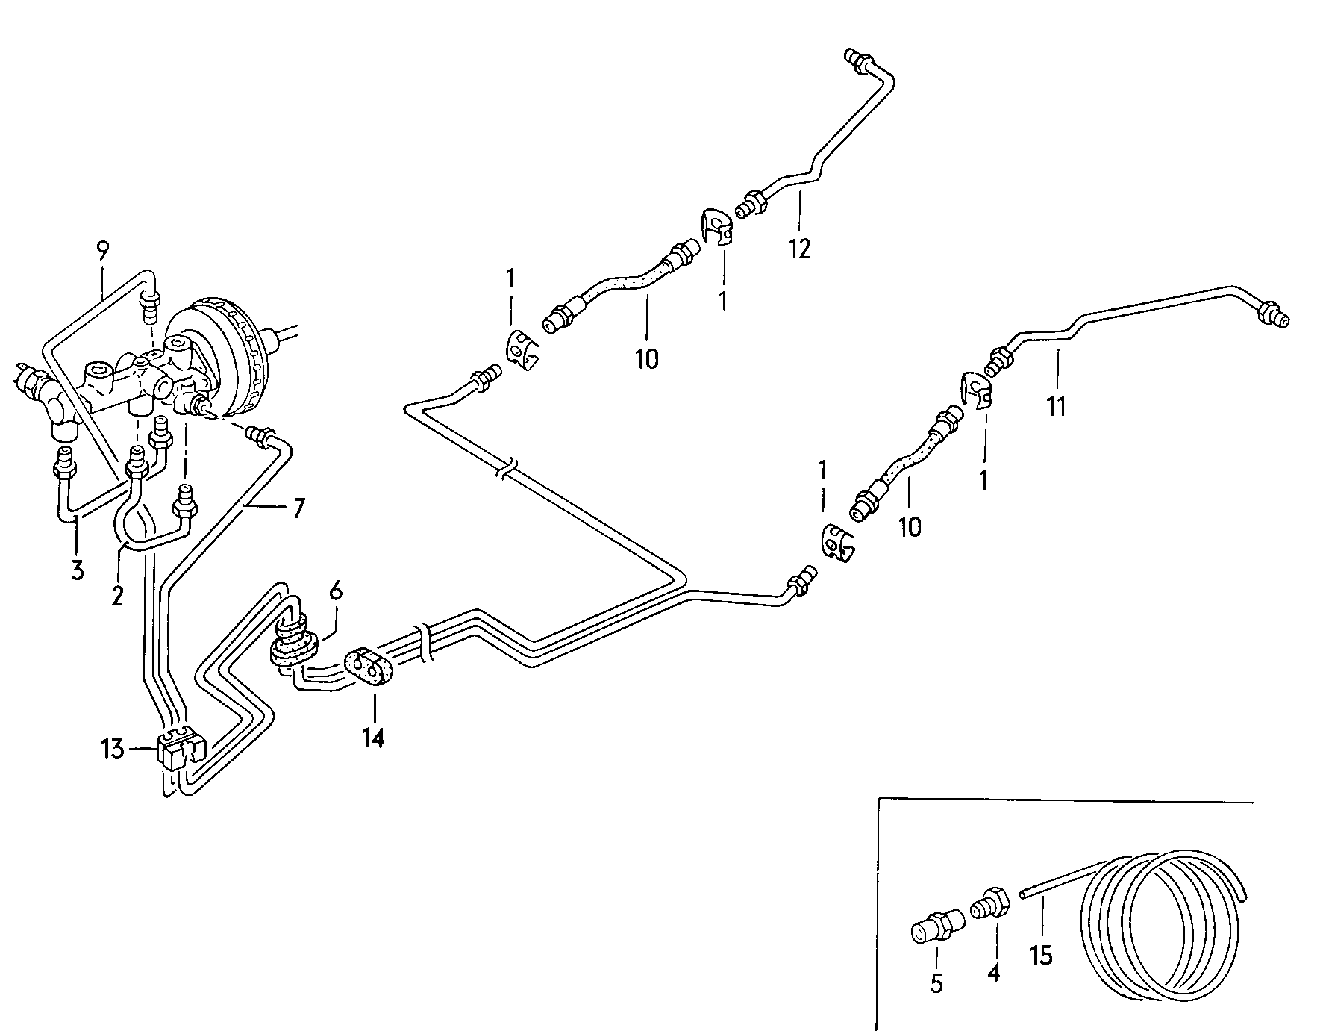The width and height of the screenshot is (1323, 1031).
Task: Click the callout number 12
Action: point(798,249)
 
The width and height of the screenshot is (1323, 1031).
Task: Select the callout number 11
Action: point(1055,407)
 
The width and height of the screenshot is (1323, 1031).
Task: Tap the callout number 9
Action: point(102,251)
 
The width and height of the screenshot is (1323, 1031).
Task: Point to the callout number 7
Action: point(298,509)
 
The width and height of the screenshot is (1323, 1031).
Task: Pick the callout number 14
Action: point(373,738)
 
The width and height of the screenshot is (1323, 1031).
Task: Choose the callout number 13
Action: point(113,748)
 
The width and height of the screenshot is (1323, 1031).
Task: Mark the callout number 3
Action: point(78,571)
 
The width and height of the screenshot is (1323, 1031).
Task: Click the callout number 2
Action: point(117,597)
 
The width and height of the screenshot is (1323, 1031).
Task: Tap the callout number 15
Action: point(1041,955)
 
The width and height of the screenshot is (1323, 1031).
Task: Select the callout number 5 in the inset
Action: point(936,983)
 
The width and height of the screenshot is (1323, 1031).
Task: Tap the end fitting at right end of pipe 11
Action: point(1274,314)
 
